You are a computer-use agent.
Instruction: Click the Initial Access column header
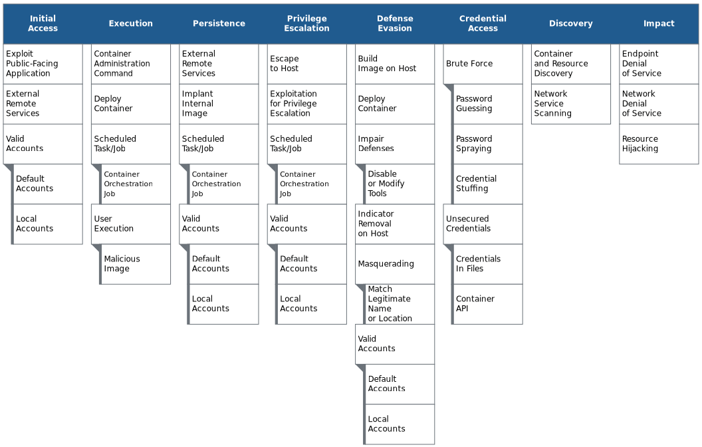[43, 24]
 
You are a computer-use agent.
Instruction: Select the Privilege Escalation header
[306, 24]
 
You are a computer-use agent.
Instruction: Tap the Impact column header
[659, 24]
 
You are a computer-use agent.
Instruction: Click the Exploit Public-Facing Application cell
[43, 64]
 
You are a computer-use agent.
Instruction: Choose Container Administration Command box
[131, 64]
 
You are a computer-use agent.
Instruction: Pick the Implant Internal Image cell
[219, 104]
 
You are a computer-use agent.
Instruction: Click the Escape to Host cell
[306, 64]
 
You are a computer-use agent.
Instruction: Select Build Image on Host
[395, 64]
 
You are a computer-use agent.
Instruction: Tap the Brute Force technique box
[483, 64]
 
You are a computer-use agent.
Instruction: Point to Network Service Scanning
[571, 104]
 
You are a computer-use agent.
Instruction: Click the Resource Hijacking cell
[659, 144]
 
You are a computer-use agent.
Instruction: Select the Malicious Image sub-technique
[135, 264]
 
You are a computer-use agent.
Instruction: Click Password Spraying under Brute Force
[487, 144]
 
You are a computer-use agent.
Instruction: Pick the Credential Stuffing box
[487, 184]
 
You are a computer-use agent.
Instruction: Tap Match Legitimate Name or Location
[400, 304]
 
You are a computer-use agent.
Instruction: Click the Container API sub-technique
[487, 304]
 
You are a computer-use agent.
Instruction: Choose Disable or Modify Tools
[400, 184]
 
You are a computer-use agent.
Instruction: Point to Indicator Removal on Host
[395, 224]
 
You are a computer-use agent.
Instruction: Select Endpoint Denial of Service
[659, 64]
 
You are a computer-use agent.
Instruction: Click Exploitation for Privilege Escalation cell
[306, 104]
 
